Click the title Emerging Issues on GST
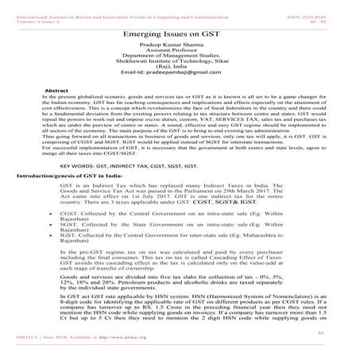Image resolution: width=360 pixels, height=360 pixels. click(x=180, y=36)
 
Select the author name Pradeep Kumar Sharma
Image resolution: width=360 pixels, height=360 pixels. click(x=180, y=49)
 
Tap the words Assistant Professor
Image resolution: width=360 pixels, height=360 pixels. click(x=180, y=56)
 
